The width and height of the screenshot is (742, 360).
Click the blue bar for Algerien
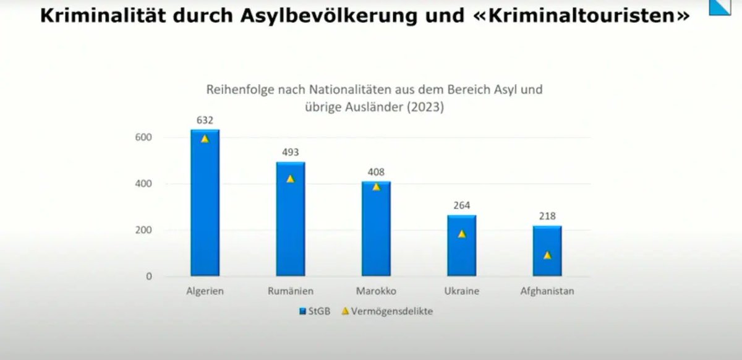pos(205,204)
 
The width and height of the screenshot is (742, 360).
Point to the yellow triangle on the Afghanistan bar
pos(547,255)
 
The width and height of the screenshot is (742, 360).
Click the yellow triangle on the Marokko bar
pos(376,186)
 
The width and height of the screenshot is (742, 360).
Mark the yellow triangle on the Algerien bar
pos(205,139)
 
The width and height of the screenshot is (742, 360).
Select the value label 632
pos(205,120)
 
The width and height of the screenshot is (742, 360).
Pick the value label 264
pos(462,205)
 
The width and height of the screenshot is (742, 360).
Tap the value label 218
pos(547,216)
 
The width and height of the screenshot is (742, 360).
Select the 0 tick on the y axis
pos(149,276)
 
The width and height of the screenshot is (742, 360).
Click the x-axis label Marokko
pos(376,291)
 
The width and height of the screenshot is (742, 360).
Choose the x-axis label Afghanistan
pos(547,291)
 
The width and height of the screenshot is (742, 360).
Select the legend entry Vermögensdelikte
pos(387,311)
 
